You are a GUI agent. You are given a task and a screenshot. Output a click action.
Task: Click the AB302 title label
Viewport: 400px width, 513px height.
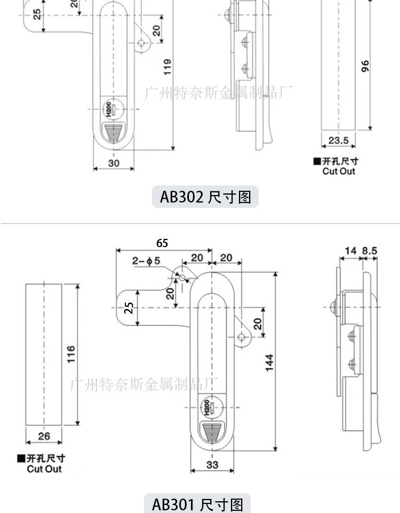(205, 197)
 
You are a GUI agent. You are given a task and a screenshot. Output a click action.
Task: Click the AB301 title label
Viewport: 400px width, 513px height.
(197, 504)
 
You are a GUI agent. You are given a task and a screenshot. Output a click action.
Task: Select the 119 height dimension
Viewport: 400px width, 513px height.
(167, 67)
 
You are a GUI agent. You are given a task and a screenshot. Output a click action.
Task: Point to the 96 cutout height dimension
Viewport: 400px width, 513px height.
(365, 66)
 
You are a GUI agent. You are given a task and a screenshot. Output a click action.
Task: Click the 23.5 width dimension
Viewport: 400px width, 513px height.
(338, 141)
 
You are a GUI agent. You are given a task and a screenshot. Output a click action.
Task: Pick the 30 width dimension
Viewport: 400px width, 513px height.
(114, 162)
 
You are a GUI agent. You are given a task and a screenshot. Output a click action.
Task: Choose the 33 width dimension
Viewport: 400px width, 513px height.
(212, 465)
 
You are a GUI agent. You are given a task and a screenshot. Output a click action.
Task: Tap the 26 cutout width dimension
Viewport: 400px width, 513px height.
(44, 436)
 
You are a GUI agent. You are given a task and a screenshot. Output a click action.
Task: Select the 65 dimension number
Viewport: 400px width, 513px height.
(162, 243)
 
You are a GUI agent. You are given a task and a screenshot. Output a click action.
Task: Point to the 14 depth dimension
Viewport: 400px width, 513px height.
(350, 250)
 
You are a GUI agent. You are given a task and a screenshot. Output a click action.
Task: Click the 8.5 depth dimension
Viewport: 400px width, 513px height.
(370, 250)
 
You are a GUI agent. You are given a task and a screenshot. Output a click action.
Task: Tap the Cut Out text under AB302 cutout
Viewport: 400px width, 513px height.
(338, 171)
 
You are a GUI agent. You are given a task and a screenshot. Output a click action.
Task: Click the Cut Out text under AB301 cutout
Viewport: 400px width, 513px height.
(44, 469)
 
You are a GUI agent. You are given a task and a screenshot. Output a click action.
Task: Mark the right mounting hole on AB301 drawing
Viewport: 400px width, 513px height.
(242, 336)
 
